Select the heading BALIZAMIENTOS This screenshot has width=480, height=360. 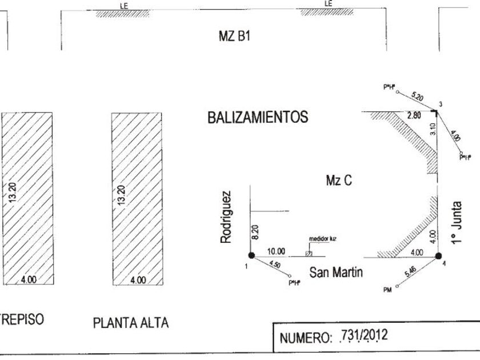tap(258, 118)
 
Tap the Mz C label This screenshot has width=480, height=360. tap(338, 181)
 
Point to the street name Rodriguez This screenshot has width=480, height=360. tap(227, 217)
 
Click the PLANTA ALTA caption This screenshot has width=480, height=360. tap(130, 323)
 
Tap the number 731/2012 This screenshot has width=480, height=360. tap(363, 337)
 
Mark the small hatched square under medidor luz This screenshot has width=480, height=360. tap(309, 253)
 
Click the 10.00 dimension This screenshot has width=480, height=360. tap(275, 251)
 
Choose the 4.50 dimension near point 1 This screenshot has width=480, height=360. tap(274, 265)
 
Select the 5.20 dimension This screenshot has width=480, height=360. tap(417, 97)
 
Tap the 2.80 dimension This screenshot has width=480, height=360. tap(414, 116)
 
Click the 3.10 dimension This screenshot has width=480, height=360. tap(433, 130)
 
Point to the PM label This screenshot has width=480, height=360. tap(387, 290)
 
